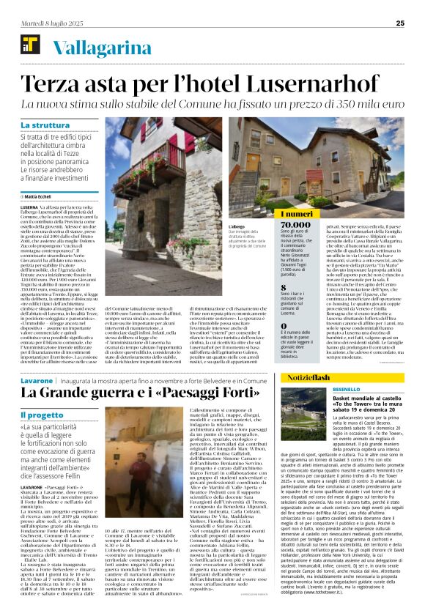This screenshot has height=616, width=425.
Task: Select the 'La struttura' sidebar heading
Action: click(x=45, y=125)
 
